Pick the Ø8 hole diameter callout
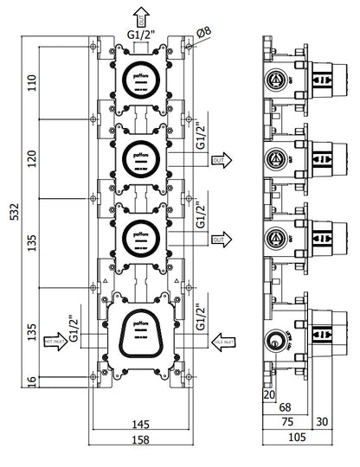(x=204, y=33)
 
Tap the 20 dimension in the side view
(x=269, y=394)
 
